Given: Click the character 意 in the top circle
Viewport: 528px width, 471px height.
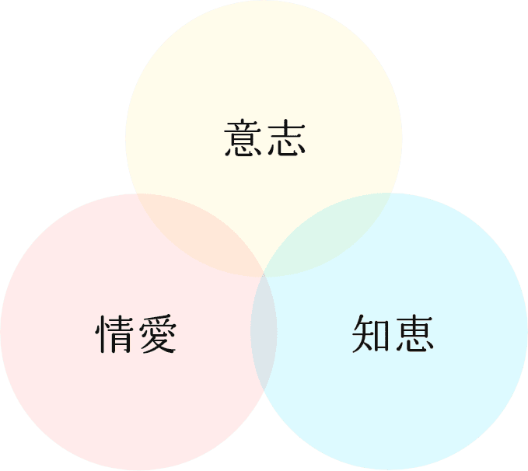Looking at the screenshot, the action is pyautogui.click(x=243, y=138).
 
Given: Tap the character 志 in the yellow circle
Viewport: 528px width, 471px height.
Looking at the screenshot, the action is pyautogui.click(x=287, y=138).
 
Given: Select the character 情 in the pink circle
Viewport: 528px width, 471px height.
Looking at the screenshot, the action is pyautogui.click(x=114, y=333).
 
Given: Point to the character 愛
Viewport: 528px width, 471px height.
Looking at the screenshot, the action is pyautogui.click(x=158, y=333).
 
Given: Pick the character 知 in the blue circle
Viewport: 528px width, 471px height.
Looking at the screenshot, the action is pyautogui.click(x=371, y=333).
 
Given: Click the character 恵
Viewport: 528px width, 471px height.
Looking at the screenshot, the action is pyautogui.click(x=414, y=333).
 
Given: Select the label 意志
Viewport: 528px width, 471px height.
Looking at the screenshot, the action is pyautogui.click(x=264, y=138).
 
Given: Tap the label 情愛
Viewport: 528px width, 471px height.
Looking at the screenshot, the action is pyautogui.click(x=136, y=333).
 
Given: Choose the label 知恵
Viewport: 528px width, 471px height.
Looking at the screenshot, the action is pyautogui.click(x=393, y=333).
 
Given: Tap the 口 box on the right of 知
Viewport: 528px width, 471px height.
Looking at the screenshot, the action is pyautogui.click(x=382, y=337).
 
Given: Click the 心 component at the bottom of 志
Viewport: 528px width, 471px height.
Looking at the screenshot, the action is pyautogui.click(x=287, y=148).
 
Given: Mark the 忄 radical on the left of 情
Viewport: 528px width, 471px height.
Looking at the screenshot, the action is pyautogui.click(x=100, y=333).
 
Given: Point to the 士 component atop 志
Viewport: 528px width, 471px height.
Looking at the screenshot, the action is pyautogui.click(x=287, y=129).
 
